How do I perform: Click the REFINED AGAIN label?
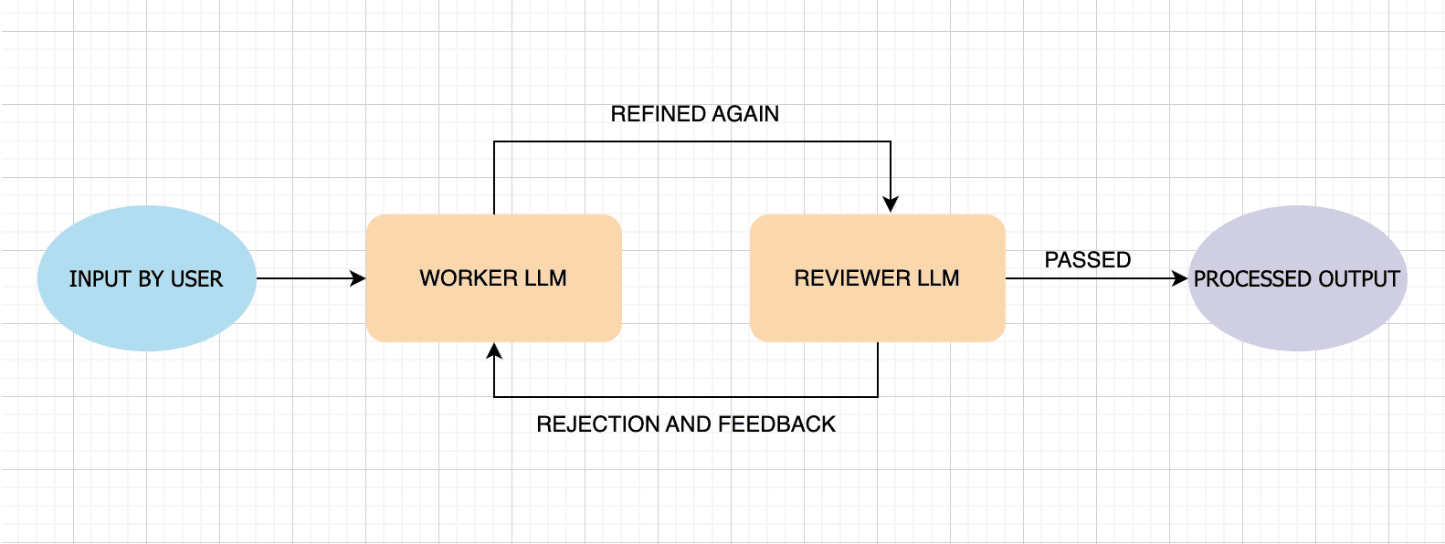pyautogui.click(x=694, y=114)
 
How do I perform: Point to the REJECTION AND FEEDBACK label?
pyautogui.click(x=685, y=424)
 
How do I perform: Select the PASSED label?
pyautogui.click(x=1087, y=260)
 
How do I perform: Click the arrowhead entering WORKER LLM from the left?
pyautogui.click(x=359, y=278)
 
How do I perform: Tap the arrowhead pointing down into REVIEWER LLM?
pyautogui.click(x=891, y=204)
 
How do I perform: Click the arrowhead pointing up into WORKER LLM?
pyautogui.click(x=494, y=351)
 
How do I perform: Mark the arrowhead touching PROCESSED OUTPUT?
pyautogui.click(x=1180, y=278)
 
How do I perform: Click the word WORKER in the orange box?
pyautogui.click(x=456, y=278)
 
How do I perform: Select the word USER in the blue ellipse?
pyautogui.click(x=197, y=279)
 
